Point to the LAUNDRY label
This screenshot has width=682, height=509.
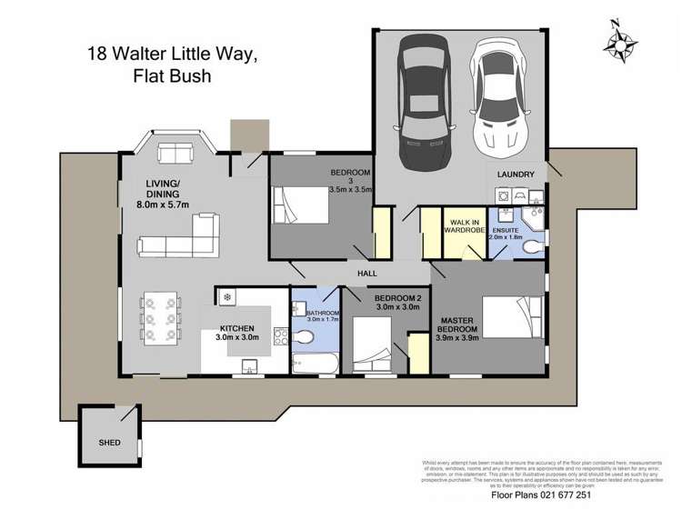pos(516,174)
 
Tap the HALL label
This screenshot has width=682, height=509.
pos(367,273)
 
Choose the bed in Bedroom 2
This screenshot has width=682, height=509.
pos(372,346)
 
